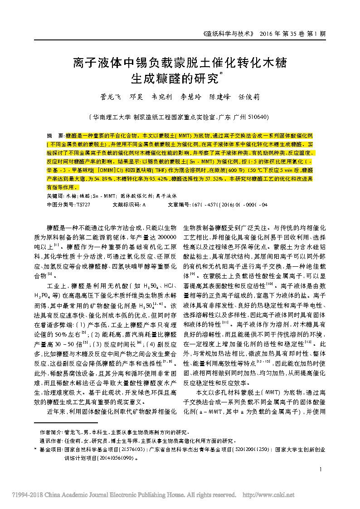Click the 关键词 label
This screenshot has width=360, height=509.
tap(55, 196)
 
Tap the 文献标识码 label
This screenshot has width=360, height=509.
tap(126, 205)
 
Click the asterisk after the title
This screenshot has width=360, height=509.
tap(221, 73)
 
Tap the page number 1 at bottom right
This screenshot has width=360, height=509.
tap(321, 470)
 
